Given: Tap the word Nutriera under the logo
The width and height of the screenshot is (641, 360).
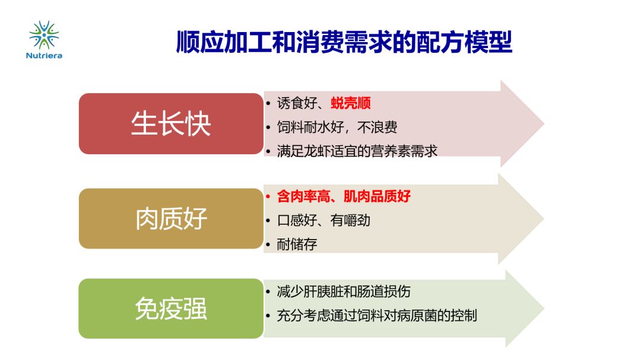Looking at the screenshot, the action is pyautogui.click(x=44, y=56).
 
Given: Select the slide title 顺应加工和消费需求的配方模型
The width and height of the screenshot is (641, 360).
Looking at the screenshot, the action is pyautogui.click(x=344, y=42).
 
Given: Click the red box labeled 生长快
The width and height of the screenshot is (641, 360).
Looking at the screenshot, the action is pyautogui.click(x=171, y=123).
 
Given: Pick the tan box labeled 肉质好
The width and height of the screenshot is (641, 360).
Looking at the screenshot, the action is pyautogui.click(x=171, y=218).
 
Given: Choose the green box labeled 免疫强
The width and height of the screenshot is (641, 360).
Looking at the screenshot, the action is pyautogui.click(x=171, y=308).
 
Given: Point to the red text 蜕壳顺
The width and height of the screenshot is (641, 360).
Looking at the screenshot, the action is pyautogui.click(x=351, y=103).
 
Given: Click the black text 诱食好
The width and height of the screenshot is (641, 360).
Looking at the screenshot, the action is pyautogui.click(x=297, y=103).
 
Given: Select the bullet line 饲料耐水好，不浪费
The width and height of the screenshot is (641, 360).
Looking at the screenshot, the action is pyautogui.click(x=337, y=127).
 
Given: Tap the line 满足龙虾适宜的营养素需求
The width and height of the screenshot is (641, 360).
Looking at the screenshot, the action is pyautogui.click(x=357, y=151).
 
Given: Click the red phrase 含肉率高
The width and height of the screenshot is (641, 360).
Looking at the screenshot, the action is pyautogui.click(x=303, y=196).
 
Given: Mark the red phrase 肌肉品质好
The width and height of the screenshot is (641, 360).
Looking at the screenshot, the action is pyautogui.click(x=377, y=196).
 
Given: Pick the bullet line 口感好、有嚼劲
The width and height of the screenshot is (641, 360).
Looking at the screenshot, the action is pyautogui.click(x=323, y=220).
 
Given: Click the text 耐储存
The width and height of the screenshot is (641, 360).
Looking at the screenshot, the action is pyautogui.click(x=297, y=244).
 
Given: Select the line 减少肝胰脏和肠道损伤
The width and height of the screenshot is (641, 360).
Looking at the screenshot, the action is pyautogui.click(x=344, y=292).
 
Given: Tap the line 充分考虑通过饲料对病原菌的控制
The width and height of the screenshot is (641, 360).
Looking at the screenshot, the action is pyautogui.click(x=377, y=316).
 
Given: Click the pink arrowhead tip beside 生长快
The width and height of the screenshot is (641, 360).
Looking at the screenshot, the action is pyautogui.click(x=544, y=123).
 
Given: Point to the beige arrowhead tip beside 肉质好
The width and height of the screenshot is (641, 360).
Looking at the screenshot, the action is pyautogui.click(x=544, y=219).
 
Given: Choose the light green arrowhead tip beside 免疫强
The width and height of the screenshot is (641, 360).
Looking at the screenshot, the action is pyautogui.click(x=544, y=308).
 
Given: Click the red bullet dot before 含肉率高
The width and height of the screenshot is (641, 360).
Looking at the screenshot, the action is pyautogui.click(x=268, y=196).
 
